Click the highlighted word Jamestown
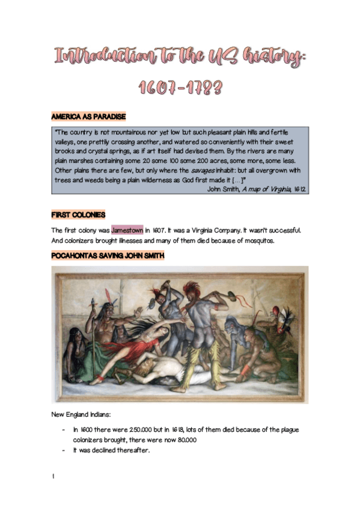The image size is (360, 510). click(x=127, y=230)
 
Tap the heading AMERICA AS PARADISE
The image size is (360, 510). click(x=88, y=115)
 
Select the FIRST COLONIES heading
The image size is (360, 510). click(x=78, y=215)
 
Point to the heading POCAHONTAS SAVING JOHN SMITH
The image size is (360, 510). click(x=108, y=256)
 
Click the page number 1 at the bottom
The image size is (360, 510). click(x=53, y=476)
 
